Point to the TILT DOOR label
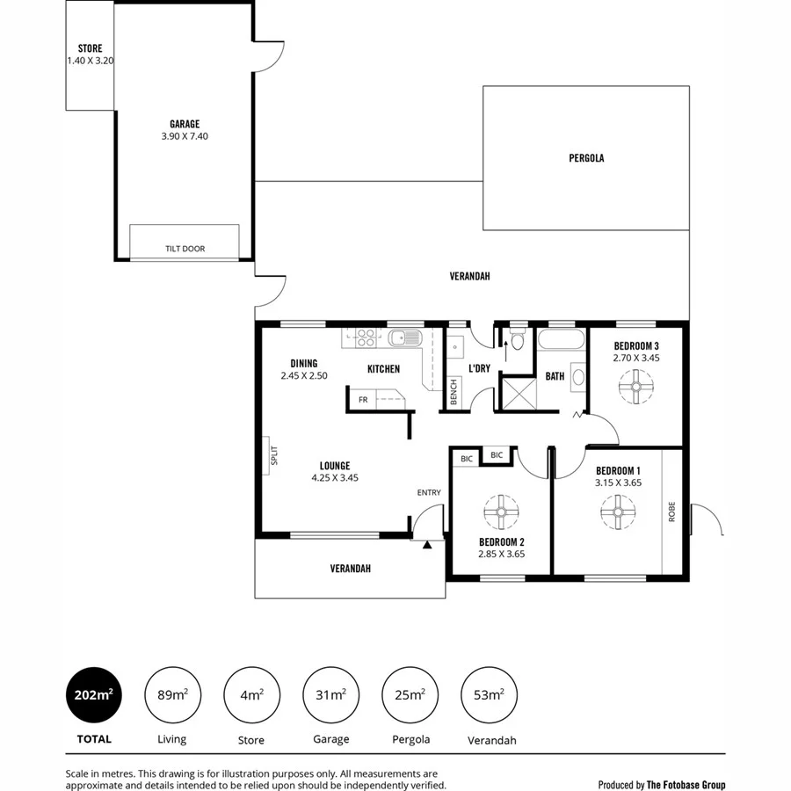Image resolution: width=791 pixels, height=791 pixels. click(x=185, y=249)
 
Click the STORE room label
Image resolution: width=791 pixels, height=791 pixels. click(x=90, y=48)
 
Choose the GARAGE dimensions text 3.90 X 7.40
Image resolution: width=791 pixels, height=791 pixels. click(x=185, y=136)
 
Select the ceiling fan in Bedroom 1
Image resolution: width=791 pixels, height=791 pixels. click(x=618, y=510)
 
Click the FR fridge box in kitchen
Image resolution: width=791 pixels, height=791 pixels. click(x=363, y=400)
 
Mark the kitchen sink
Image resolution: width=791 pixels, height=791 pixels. click(x=405, y=337)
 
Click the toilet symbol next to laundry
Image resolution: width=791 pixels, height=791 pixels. click(x=519, y=338)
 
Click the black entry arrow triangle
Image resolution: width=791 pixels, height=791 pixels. click(x=427, y=546)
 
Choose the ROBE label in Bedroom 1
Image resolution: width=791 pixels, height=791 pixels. click(x=672, y=512)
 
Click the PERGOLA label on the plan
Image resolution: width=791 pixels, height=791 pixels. click(x=585, y=159)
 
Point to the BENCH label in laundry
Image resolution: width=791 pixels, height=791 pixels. click(x=454, y=391)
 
